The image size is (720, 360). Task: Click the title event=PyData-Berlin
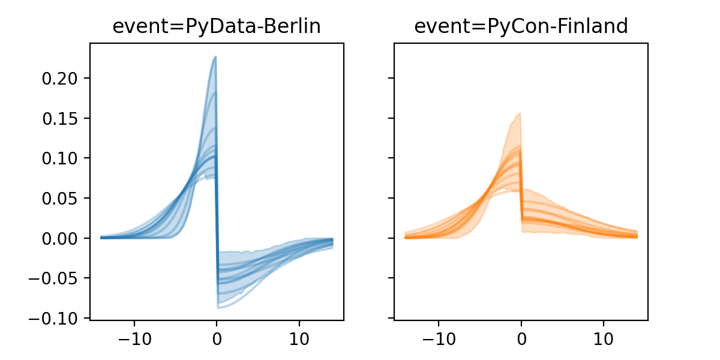[x=217, y=26]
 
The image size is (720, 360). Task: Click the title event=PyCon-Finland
[x=521, y=26]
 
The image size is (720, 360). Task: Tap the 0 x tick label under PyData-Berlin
[x=217, y=337]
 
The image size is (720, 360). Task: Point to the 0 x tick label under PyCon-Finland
[x=521, y=337]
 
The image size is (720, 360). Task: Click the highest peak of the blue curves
[x=215, y=57]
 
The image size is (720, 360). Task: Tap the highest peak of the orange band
[x=520, y=113]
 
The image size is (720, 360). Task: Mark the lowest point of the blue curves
[x=219, y=308]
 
